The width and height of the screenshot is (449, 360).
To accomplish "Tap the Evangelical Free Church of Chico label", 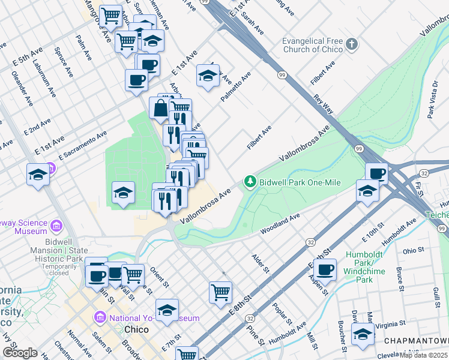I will [313, 45].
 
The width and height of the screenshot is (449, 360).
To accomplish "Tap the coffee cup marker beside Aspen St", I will [325, 271].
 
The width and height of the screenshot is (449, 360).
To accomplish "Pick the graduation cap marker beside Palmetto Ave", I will [208, 76].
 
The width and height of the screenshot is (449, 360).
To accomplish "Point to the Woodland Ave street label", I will [280, 224].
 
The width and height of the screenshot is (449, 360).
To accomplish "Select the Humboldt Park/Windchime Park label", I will [359, 271].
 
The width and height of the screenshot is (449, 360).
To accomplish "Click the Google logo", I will [20, 353].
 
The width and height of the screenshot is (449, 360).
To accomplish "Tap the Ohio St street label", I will [414, 251].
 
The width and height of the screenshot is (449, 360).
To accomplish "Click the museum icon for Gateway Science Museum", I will [56, 226].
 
